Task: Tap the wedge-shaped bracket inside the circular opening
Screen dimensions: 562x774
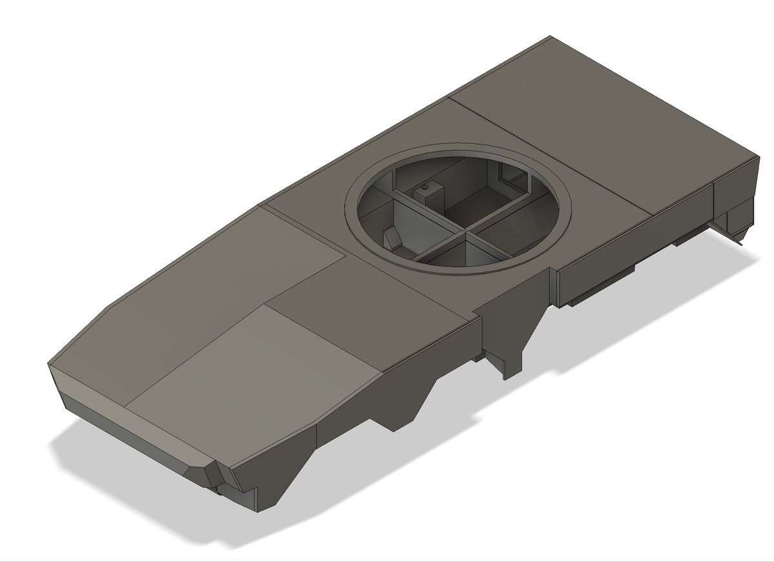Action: coord(391,239)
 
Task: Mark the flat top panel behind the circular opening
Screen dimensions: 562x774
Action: coord(580,129)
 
